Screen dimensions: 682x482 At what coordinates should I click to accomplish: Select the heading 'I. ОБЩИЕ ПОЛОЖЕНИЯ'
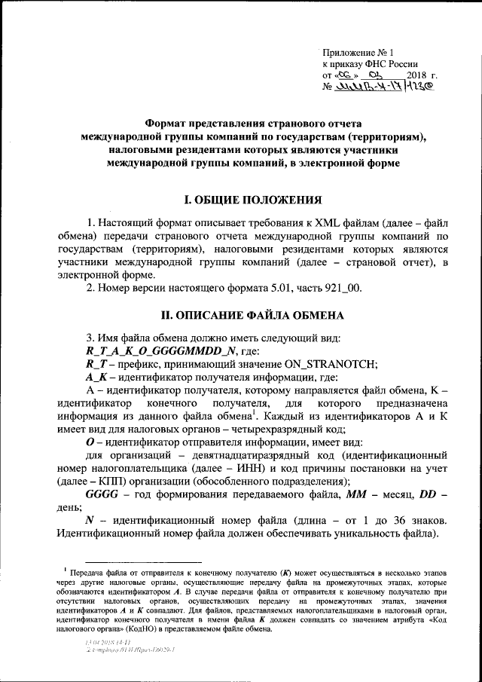click(x=254, y=200)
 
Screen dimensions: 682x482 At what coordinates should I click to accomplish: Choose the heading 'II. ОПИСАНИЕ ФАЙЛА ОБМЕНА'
click(x=254, y=314)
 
